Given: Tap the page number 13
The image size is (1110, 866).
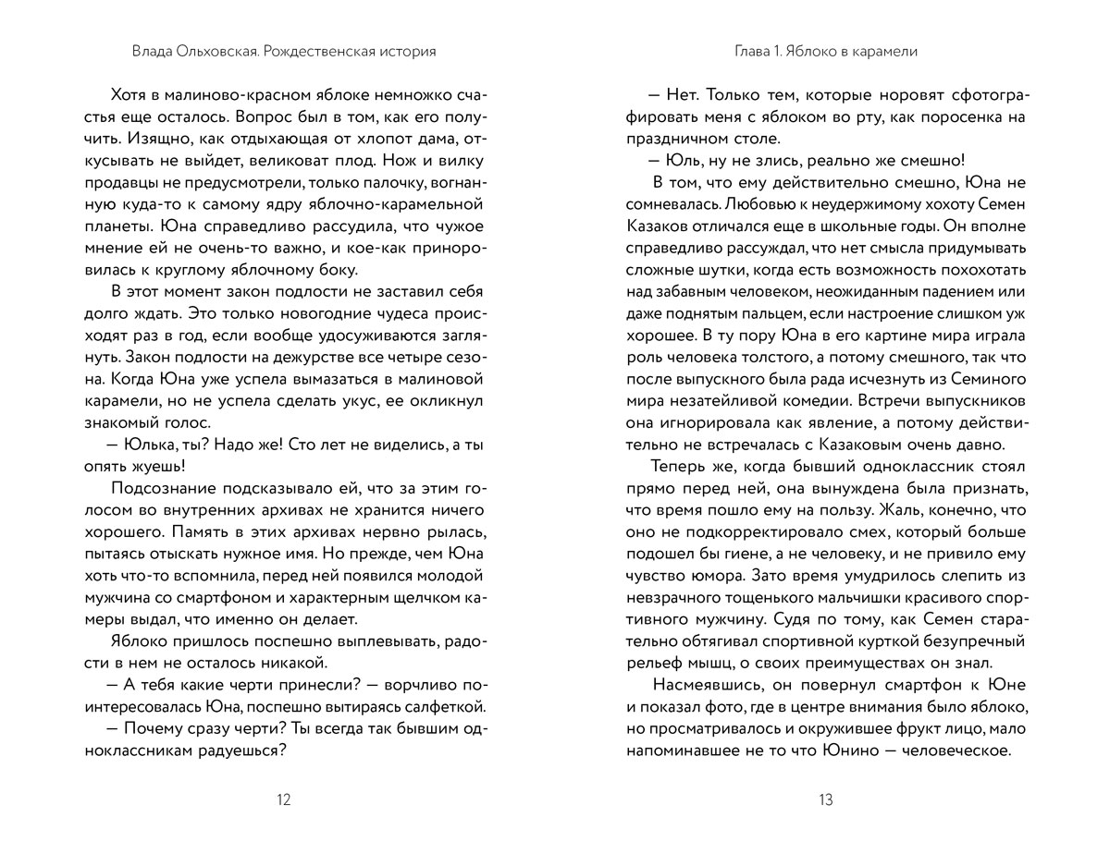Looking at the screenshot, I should tap(826, 800).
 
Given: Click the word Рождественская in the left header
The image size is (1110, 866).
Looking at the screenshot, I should tap(314, 52).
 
